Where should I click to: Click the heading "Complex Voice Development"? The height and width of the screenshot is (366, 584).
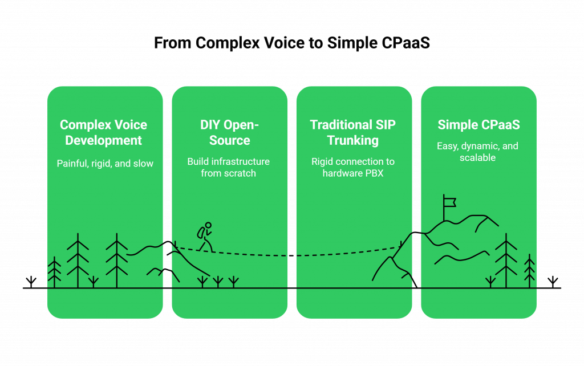click(104, 132)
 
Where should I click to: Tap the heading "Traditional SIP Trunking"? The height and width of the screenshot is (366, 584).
click(353, 132)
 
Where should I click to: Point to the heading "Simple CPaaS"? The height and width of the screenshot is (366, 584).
click(478, 125)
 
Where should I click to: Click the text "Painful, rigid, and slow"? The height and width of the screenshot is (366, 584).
click(105, 164)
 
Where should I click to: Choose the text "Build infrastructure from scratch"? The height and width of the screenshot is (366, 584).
click(229, 167)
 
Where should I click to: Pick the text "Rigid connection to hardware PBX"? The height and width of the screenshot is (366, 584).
click(353, 167)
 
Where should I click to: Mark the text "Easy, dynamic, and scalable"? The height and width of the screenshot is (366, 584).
click(478, 151)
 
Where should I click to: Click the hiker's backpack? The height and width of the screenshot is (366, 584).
click(201, 233)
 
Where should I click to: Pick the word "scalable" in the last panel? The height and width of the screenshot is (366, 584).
click(478, 157)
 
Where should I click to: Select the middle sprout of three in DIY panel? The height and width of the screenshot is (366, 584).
click(217, 281)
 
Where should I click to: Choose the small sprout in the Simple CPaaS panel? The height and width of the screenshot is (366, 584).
click(490, 281)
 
